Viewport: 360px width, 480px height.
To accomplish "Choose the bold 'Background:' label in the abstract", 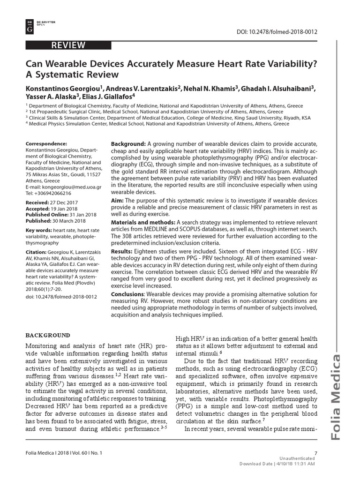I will (128, 143).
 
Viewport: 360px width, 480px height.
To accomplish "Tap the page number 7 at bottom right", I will (316, 453).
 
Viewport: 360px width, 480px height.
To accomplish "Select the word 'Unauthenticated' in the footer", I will (297, 458).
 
